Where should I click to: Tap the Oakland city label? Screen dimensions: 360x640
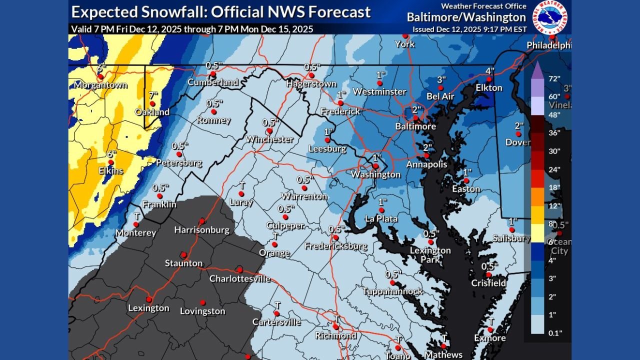tap(152, 112)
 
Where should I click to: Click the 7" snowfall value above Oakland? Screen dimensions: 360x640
tap(153, 95)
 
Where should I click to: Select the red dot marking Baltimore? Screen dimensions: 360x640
tap(415, 118)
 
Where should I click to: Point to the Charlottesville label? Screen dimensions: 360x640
tap(239, 278)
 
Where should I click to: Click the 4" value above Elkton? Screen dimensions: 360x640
tap(490, 71)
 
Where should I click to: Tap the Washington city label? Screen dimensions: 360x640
tap(375, 174)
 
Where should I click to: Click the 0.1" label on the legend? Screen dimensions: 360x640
tap(554, 332)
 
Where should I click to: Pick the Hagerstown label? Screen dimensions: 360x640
tap(311, 84)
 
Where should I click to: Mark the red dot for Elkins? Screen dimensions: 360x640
tap(111, 162)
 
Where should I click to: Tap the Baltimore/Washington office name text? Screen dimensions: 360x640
tap(466, 17)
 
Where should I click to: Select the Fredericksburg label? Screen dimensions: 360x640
tap(335, 246)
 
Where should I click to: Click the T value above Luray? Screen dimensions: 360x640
tap(242, 185)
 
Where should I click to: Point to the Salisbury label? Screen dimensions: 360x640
tap(511, 238)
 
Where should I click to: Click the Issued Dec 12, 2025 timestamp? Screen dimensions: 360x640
tap(469, 29)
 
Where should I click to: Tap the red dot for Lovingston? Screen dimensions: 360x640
tap(202, 302)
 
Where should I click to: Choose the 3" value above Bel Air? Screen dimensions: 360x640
tap(441, 79)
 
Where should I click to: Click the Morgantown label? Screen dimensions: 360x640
tap(100, 85)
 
